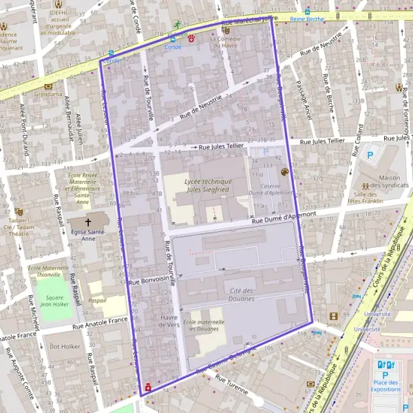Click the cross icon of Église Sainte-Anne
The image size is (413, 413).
pyautogui.click(x=88, y=222)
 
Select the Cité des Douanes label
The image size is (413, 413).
pyautogui.click(x=242, y=295)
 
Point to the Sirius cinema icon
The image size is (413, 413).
pyautogui.click(x=333, y=317)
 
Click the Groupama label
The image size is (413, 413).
pyautogui.click(x=48, y=94)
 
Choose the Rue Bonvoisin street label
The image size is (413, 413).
pyautogui.click(x=151, y=281)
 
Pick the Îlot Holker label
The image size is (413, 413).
pyautogui.click(x=65, y=346)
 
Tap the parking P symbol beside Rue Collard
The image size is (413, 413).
pyautogui.click(x=370, y=156)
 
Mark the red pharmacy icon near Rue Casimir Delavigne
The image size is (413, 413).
pyautogui.click(x=148, y=388)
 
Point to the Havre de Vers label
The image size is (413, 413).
pyautogui.click(x=169, y=321)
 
